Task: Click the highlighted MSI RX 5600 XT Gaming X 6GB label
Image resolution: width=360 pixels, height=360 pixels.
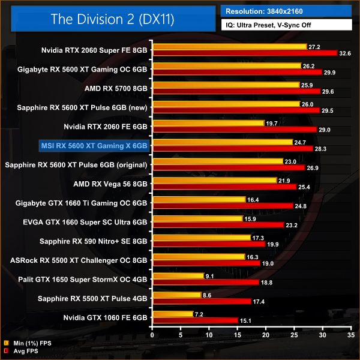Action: (93, 145)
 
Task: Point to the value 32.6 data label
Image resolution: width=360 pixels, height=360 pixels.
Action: (345, 53)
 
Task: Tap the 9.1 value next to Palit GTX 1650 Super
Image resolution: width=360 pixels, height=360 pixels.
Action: (211, 276)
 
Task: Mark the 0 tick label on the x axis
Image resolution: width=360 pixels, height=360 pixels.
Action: (153, 336)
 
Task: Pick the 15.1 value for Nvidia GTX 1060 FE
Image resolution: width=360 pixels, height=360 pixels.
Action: (245, 321)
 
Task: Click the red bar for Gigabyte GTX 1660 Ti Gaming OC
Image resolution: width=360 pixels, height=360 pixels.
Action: (223, 206)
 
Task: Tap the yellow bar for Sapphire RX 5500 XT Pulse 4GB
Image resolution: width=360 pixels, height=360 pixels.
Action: (177, 295)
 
